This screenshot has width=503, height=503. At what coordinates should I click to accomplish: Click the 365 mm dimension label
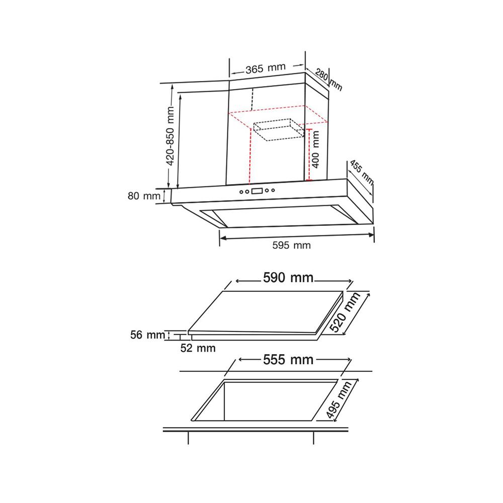pos(265,68)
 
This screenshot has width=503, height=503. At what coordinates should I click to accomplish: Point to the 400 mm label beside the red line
pos(316,149)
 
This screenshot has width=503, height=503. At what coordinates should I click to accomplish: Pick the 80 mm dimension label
pos(144,196)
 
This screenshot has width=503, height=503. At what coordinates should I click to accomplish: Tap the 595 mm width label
pos(291,245)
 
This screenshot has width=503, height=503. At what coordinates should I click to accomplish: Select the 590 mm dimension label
pos(288,278)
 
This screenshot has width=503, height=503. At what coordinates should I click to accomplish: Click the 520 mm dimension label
pos(345,312)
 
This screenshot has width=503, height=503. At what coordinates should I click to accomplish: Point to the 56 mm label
pos(147,335)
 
